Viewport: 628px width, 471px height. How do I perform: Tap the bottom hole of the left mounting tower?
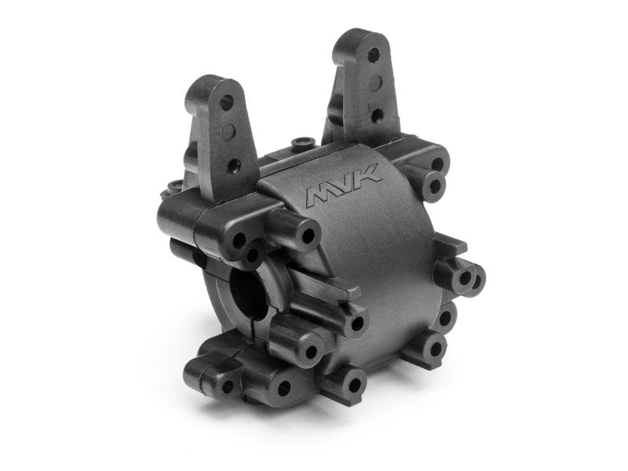pyautogui.click(x=233, y=165)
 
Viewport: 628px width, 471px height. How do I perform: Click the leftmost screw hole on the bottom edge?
pyautogui.click(x=228, y=387)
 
